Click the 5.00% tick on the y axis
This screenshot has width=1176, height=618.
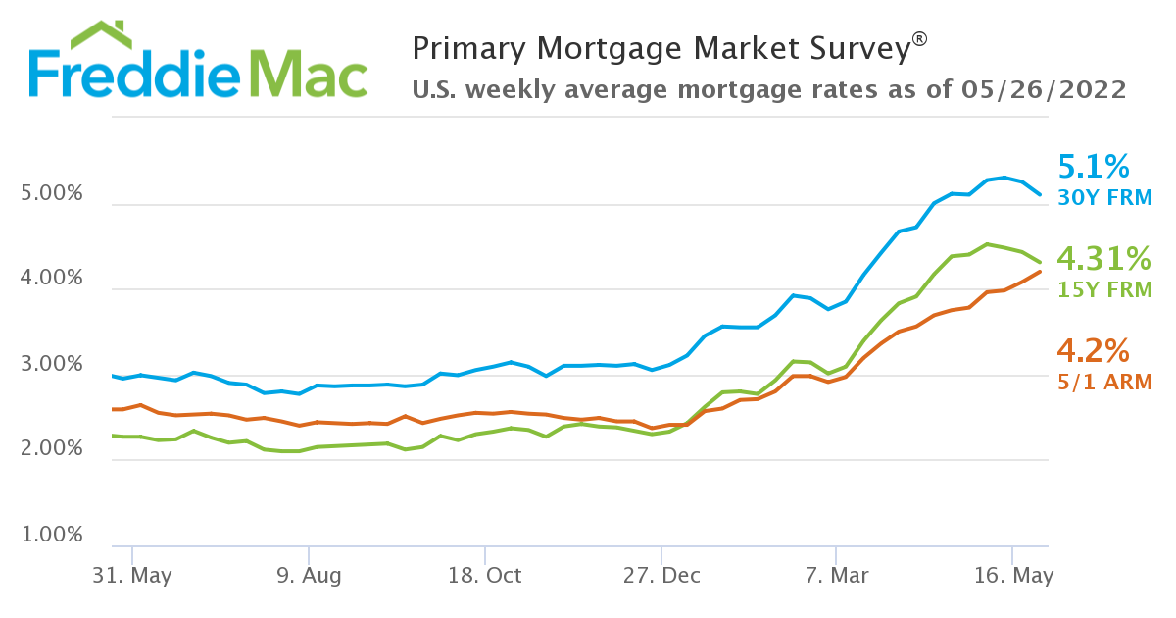[51, 193]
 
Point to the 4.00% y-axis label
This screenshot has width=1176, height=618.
[51, 279]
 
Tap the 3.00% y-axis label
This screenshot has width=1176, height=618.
[51, 364]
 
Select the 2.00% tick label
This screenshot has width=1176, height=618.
[51, 449]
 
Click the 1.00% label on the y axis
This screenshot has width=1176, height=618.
[51, 536]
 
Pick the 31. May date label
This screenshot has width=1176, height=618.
[132, 576]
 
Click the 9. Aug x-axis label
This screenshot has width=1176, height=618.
[309, 576]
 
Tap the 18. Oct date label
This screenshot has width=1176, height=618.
[484, 576]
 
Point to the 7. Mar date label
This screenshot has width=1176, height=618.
[836, 576]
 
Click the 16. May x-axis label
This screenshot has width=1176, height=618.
[1013, 576]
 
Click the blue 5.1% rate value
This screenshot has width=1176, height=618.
[1094, 165]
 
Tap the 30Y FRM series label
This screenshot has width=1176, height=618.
[1104, 197]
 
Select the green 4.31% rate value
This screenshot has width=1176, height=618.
[1102, 258]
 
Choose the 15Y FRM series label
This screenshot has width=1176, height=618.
[1104, 289]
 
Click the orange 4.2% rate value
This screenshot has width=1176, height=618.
[1094, 350]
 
